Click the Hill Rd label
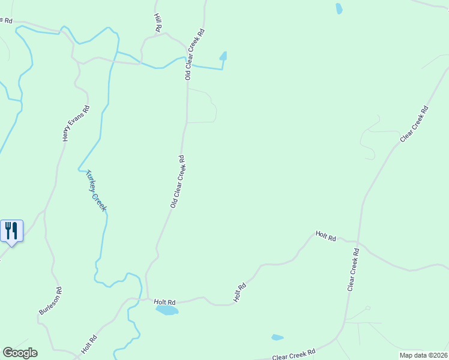point(158,23)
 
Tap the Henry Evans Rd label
point(76,124)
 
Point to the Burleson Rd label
point(50,301)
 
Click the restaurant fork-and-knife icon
point(12,230)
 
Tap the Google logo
point(20,353)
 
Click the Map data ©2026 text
point(423,355)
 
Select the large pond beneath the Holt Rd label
point(167,310)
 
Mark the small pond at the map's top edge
point(339,8)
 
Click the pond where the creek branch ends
point(223,56)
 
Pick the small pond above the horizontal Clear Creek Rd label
point(277,337)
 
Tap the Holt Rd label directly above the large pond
point(164,302)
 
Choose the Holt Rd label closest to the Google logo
point(89,345)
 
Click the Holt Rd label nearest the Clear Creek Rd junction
point(325,236)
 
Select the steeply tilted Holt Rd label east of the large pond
point(240,293)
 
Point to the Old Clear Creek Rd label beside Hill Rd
point(194,54)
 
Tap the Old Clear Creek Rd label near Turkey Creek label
point(177,182)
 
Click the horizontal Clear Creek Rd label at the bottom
point(294,355)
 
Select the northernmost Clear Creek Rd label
point(414,124)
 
